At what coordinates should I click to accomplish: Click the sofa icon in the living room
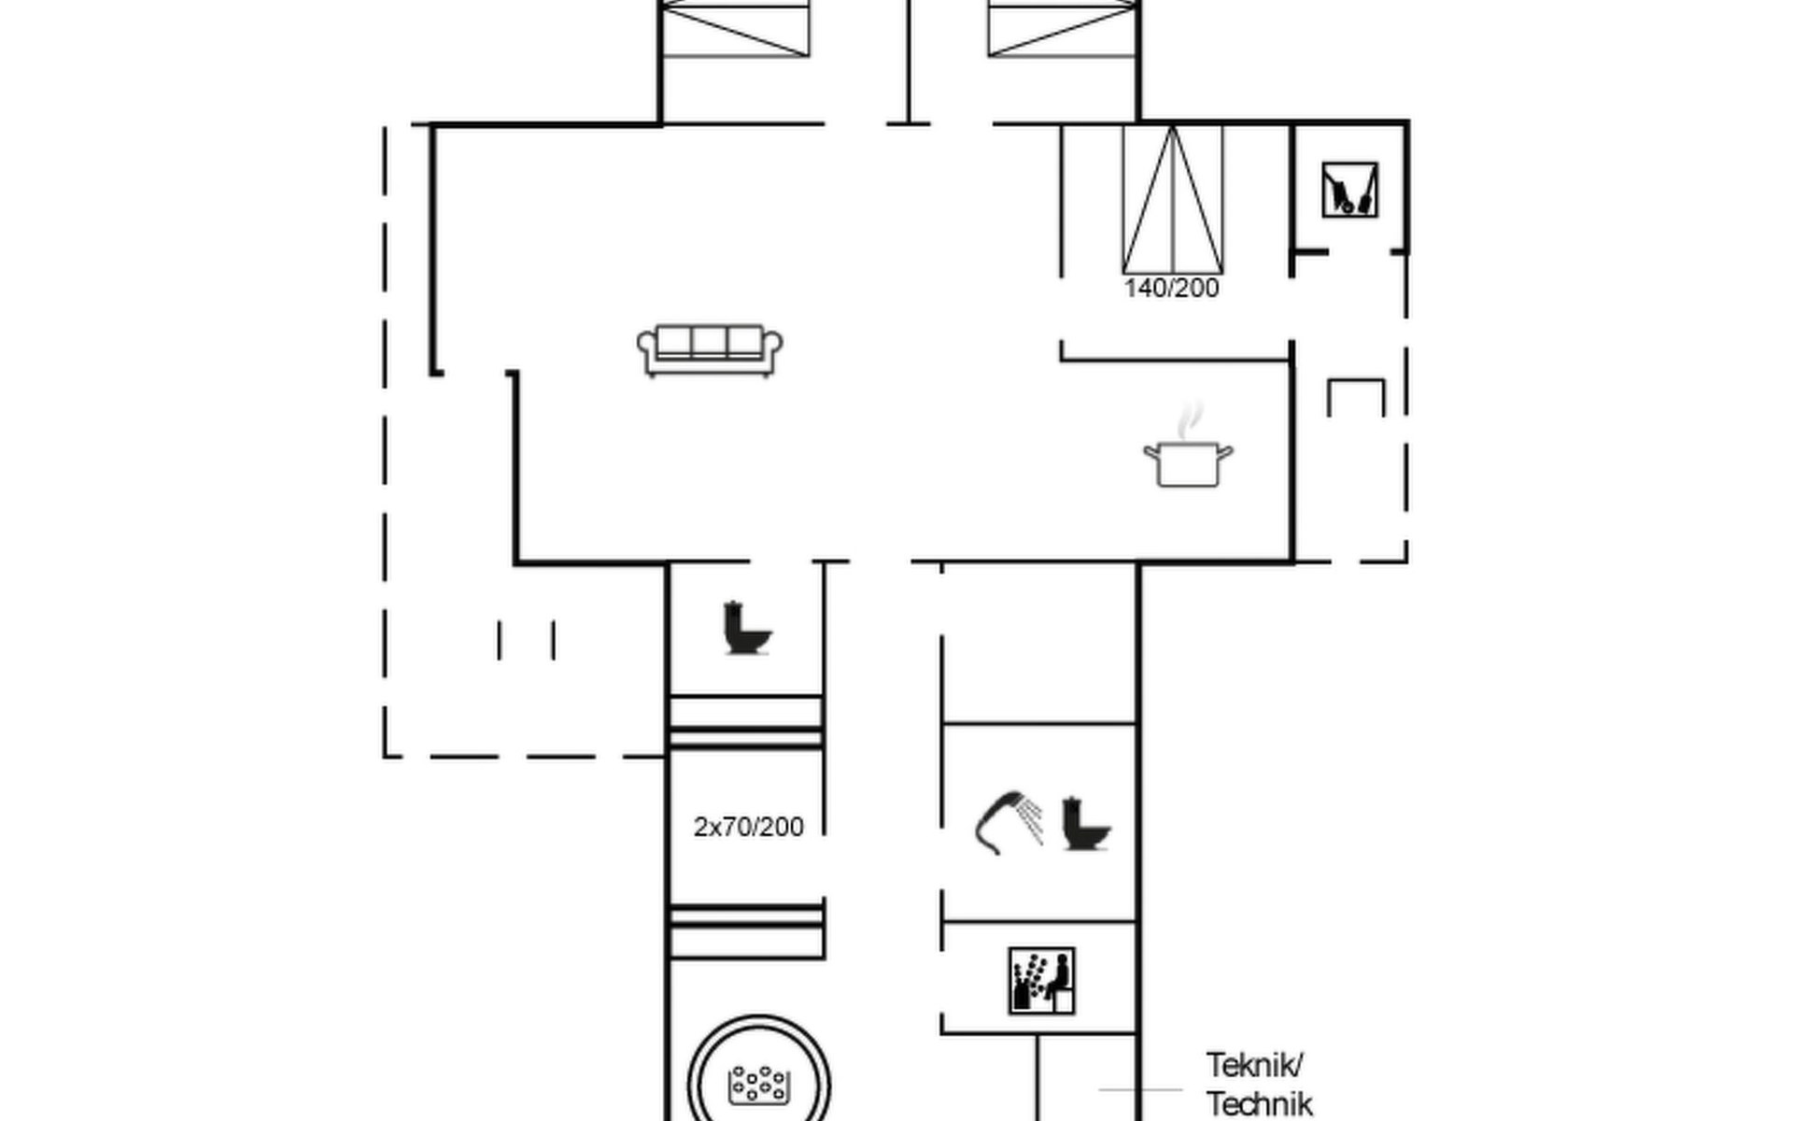tap(710, 350)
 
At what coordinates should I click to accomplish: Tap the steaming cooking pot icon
tap(1188, 462)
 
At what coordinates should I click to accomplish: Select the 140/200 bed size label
tap(1171, 289)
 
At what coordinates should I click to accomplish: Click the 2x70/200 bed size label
tap(748, 827)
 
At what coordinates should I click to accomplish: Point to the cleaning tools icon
tap(1349, 191)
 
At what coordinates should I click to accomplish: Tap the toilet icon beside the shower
tap(1086, 823)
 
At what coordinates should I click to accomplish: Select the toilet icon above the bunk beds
tap(747, 628)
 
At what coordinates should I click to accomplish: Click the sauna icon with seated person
tap(1041, 981)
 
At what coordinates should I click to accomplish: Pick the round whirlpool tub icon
tap(758, 1084)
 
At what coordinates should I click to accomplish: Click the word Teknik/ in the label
tap(1253, 1065)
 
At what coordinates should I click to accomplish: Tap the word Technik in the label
tap(1259, 1104)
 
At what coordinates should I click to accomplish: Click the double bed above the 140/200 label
tap(1172, 200)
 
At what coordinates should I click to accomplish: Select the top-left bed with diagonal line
tap(735, 28)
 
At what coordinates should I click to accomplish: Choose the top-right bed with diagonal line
tap(1063, 28)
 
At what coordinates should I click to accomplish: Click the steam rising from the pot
tap(1189, 420)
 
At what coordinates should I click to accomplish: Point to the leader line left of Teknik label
tap(1140, 1089)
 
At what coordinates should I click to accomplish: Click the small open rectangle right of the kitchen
tap(1356, 397)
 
